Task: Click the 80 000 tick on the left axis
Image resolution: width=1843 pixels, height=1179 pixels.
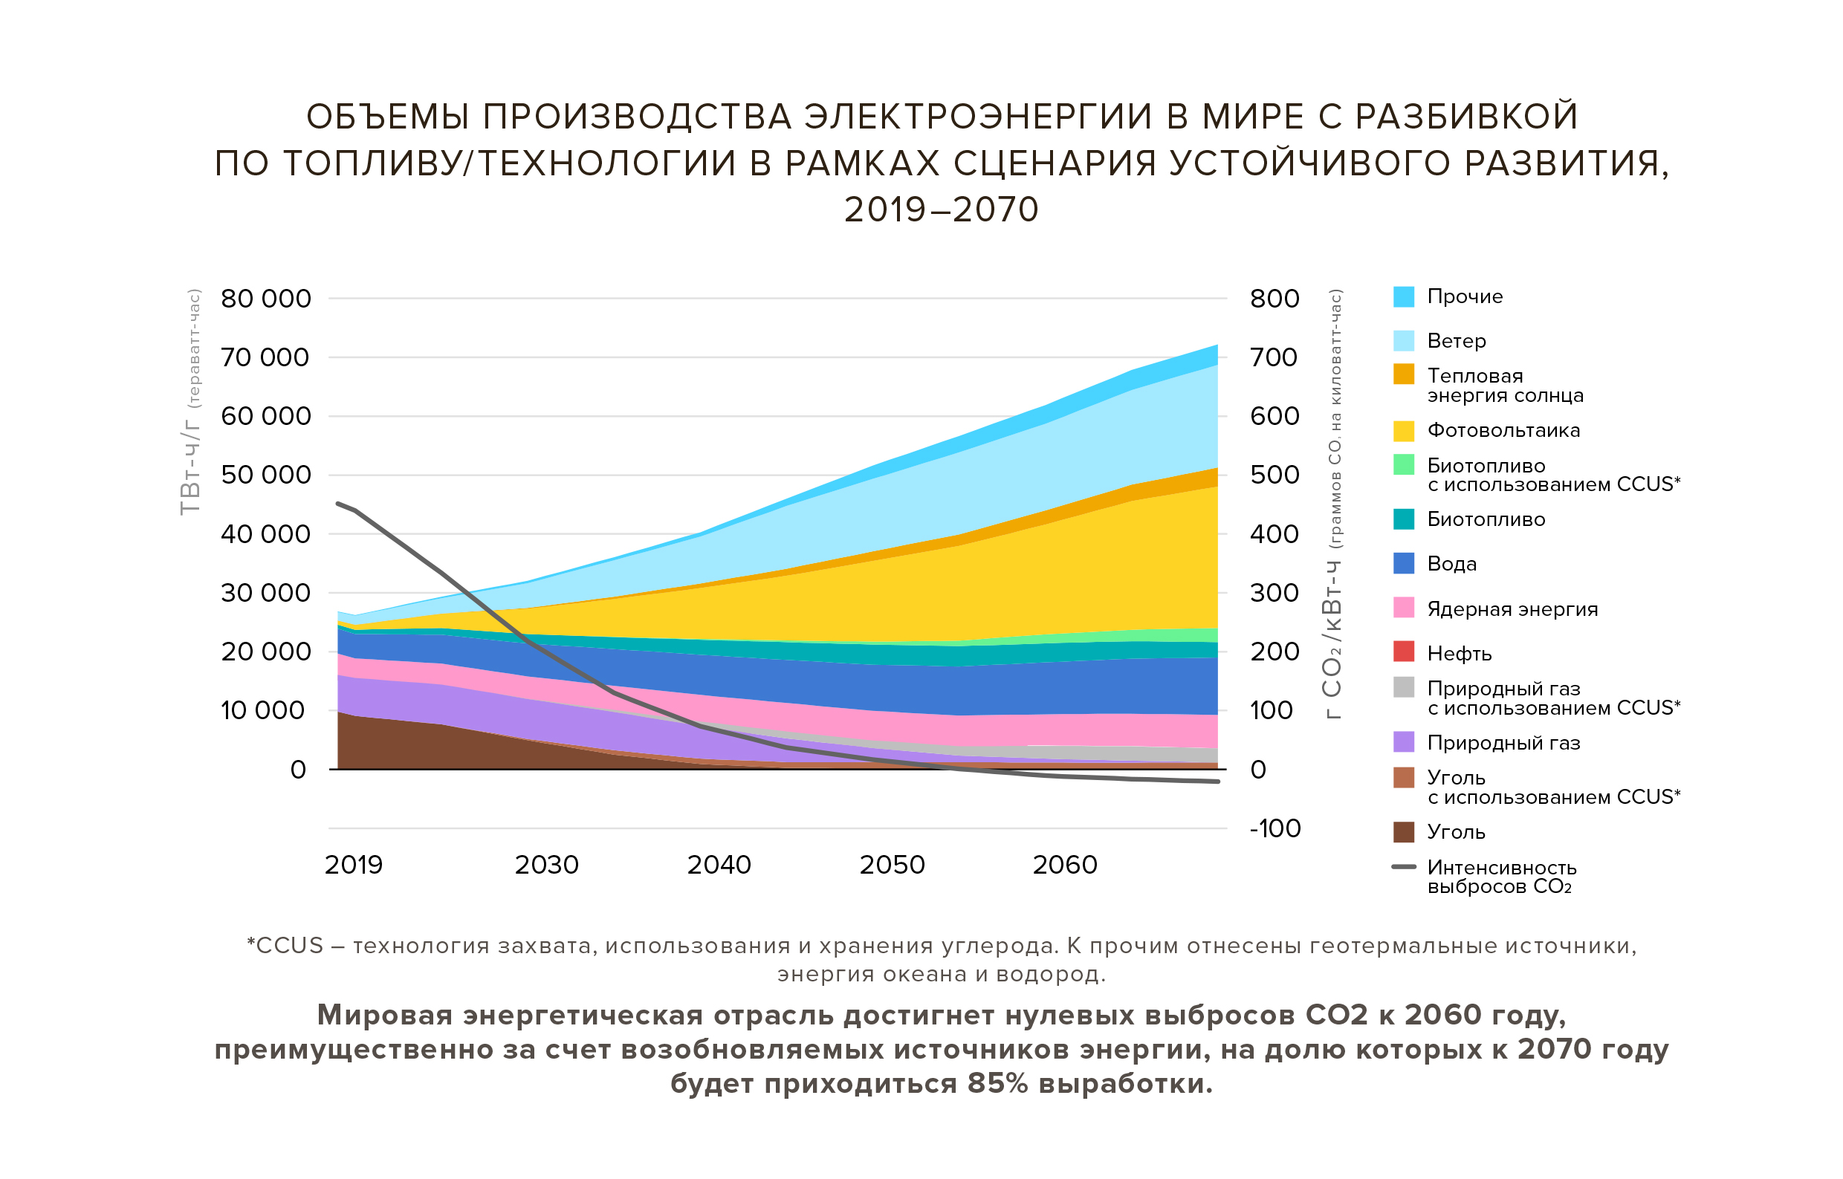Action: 266,299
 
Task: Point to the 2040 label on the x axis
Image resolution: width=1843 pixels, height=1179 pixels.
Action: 719,865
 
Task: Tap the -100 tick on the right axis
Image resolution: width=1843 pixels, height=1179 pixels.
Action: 1274,828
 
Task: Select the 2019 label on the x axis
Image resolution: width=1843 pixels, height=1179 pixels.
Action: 353,865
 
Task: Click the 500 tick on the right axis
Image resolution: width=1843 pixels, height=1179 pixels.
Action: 1274,475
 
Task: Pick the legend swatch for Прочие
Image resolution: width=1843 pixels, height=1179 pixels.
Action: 1404,297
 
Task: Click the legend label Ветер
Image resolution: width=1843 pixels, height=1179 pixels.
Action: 1457,342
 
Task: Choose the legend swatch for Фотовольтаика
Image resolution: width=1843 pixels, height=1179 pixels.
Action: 1404,431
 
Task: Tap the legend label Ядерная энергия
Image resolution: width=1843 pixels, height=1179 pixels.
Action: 1512,609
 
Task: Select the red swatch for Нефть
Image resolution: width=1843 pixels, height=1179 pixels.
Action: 1404,652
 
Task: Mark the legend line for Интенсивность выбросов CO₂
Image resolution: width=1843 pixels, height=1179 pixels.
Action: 1404,868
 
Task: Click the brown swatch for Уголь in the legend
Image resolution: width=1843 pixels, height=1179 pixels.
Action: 1404,832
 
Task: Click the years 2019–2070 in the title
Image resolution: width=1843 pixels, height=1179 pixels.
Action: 941,210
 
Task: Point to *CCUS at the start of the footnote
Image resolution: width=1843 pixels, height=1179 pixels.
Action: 285,946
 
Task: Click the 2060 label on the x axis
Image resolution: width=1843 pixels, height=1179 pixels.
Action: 1064,865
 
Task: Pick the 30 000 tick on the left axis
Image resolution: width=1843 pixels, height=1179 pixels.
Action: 266,594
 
